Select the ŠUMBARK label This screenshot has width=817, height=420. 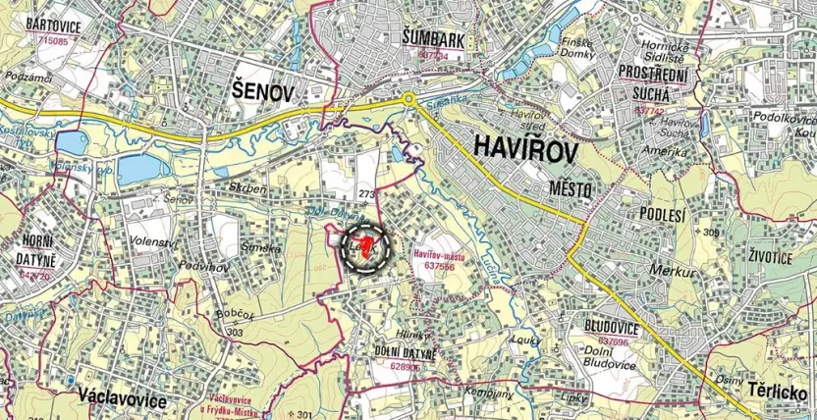[432, 38]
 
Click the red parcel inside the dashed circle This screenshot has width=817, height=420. [366, 245]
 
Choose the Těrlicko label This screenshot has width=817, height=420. [780, 390]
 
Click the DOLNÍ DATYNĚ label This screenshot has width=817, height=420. [405, 350]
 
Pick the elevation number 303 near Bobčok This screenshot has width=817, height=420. [234, 332]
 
